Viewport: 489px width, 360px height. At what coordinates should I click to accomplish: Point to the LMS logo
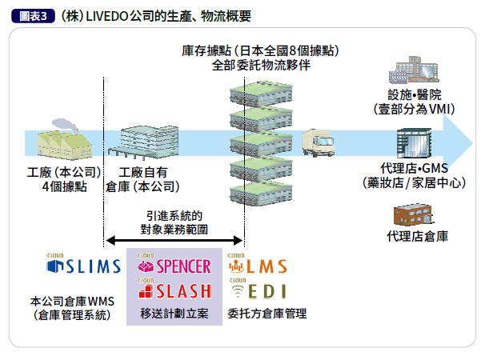pos(258,266)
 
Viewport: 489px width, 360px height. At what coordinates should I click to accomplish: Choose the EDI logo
pos(258,290)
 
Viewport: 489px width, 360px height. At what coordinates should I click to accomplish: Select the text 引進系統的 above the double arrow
pos(174,215)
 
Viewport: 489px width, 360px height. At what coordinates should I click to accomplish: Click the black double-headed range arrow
pos(174,239)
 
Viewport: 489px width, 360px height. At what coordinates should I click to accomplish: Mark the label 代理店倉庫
pos(416,237)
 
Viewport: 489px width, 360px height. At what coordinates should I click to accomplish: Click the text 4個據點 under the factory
pos(63,187)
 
